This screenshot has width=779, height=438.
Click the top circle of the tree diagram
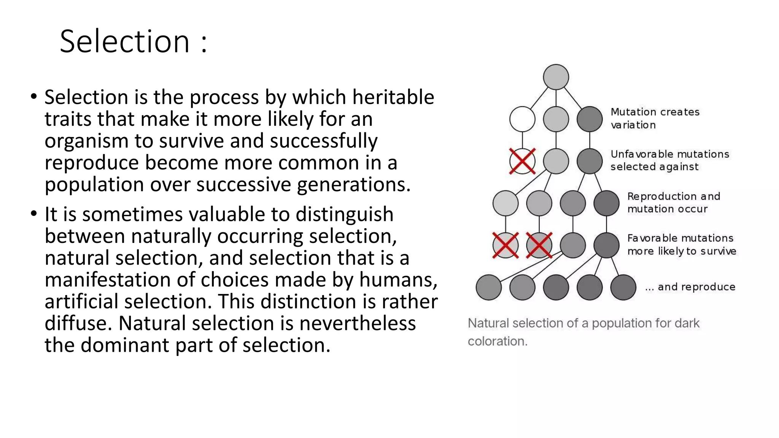pos(556,77)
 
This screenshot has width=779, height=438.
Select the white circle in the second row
pos(522,119)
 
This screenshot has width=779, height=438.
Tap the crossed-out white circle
pos(522,161)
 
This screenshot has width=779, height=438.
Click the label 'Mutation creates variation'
pos(655,118)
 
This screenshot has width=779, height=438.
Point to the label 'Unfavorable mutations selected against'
pos(669,160)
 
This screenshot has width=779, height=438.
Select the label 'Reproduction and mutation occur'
pos(673,202)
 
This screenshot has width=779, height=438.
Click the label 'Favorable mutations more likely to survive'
pos(681,244)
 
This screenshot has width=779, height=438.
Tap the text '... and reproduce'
pos(690,287)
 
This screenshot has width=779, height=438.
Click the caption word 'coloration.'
pos(498,341)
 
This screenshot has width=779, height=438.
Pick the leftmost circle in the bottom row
pos(488,287)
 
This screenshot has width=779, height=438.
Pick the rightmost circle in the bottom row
pos(623,287)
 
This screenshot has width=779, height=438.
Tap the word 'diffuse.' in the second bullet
pos(78,323)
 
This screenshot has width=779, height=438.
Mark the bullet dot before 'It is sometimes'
pos(34,214)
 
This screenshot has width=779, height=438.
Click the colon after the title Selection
pos(204,43)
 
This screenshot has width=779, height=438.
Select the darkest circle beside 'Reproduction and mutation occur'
pos(606,203)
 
